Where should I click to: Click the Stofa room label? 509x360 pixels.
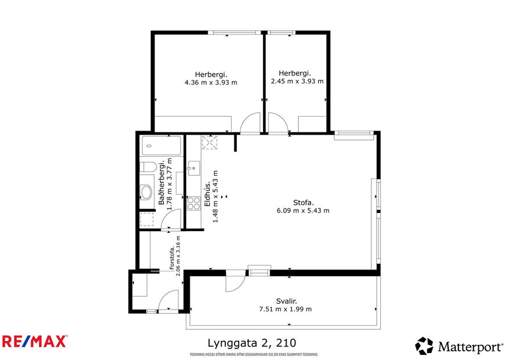[x=303, y=203]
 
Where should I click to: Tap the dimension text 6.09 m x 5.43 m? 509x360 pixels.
[x=303, y=211]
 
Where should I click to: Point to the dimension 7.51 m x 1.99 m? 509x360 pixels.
[x=286, y=309]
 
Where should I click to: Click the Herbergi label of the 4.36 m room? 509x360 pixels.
[x=211, y=74]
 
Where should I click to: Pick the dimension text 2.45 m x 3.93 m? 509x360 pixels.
[x=297, y=81]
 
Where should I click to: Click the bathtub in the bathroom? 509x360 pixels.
[x=161, y=146]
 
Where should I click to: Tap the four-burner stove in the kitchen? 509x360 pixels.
[x=193, y=203]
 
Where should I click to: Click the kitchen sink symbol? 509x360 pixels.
[x=193, y=169]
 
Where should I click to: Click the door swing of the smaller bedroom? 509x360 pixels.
[x=277, y=124]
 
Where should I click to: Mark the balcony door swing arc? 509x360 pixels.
[x=235, y=282]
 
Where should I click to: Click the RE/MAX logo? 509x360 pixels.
[x=35, y=341]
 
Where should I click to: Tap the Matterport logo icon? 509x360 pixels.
[x=424, y=346]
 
